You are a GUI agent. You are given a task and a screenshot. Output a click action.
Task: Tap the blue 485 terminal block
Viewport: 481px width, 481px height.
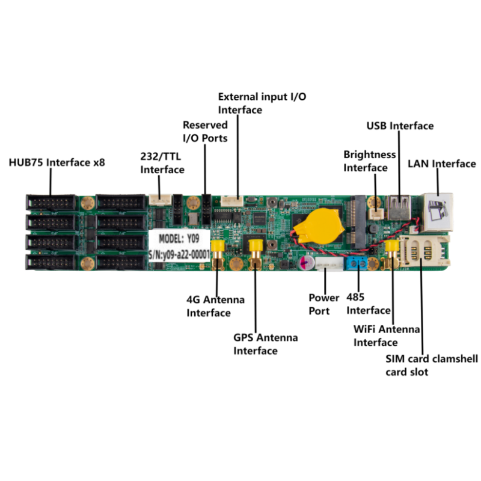pos(357,263)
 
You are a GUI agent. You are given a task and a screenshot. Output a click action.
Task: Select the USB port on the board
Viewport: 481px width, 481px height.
pos(399,207)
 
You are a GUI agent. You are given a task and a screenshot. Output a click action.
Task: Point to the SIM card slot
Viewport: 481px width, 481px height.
pos(423,251)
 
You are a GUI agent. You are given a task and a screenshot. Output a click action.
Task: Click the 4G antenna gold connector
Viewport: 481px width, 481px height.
pos(218,254)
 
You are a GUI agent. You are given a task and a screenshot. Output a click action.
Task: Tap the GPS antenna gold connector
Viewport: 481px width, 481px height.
pos(255,254)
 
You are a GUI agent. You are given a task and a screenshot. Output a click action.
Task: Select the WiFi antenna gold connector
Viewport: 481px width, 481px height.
pos(391,254)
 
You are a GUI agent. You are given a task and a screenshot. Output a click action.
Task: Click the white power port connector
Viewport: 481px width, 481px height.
pos(329,264)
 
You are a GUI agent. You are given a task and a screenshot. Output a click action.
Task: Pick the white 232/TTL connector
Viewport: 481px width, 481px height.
pos(161,200)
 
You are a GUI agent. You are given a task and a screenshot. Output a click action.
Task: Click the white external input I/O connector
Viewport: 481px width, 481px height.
pos(232,201)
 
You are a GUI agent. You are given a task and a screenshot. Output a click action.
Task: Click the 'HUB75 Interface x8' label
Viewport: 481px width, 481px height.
pos(57,162)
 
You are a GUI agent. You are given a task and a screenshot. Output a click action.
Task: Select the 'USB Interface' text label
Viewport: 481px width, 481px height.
pos(400,126)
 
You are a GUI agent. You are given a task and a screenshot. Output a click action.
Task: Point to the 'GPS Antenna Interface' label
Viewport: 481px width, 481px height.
pos(266,344)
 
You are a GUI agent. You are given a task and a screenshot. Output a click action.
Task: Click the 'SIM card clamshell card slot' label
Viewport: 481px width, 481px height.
pos(432,365)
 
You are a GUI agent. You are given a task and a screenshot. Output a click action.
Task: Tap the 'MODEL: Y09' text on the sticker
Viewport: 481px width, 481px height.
pos(179,238)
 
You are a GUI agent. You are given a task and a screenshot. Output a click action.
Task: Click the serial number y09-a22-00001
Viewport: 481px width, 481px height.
pos(179,254)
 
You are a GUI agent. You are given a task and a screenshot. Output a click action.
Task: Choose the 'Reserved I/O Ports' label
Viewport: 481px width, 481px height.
pos(205,131)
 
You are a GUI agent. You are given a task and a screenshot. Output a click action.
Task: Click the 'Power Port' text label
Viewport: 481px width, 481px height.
pos(324,304)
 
